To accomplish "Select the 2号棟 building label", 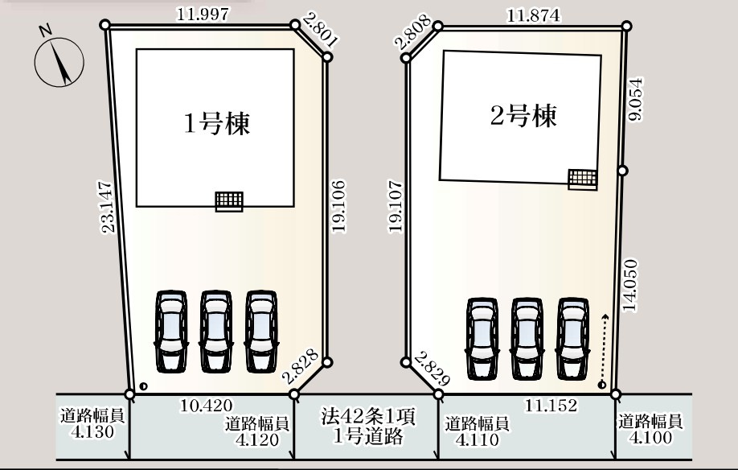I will pos(523,117).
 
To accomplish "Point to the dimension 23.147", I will pos(108,208).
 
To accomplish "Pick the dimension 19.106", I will pos(338,207).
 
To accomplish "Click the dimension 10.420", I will pos(207,404).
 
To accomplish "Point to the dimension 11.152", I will pos(551,405).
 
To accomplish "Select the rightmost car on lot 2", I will pos(572,338).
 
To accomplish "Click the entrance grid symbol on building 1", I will pos(229,201).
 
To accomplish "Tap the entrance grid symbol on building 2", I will pos(583,179).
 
